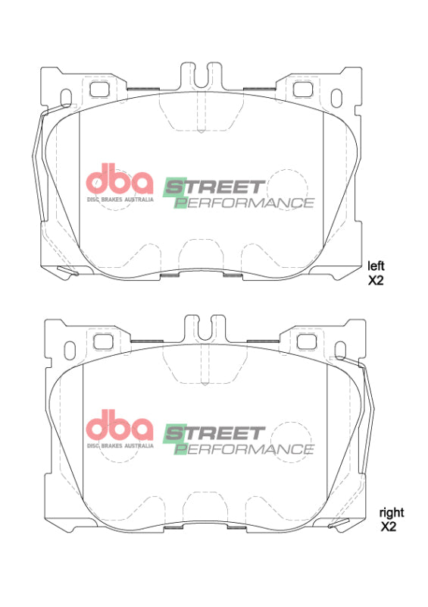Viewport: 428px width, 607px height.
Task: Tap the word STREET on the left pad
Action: (x=214, y=187)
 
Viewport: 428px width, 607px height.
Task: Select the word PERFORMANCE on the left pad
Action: (x=244, y=203)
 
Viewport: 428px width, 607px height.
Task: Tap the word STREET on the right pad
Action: (x=214, y=433)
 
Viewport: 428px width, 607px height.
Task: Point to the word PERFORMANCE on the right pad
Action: (x=244, y=449)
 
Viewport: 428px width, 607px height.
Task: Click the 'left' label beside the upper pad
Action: (x=376, y=266)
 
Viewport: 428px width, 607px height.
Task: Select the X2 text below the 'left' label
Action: (x=376, y=280)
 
